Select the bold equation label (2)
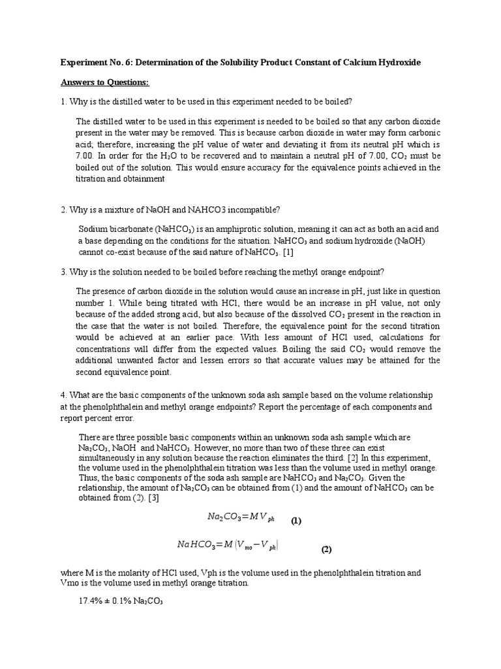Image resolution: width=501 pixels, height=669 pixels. coord(326,549)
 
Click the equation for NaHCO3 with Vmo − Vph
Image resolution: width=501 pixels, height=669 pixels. coord(232,544)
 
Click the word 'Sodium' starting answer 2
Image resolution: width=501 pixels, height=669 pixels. coord(93,229)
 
